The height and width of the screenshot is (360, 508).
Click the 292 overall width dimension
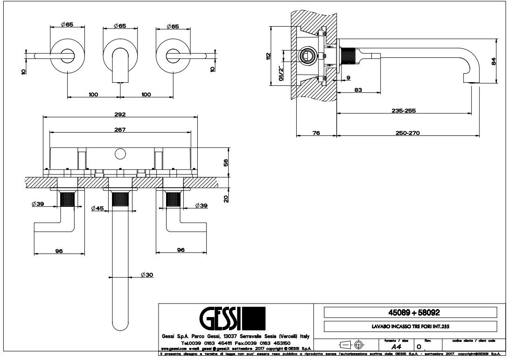click(x=120, y=114)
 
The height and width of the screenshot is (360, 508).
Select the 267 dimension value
click(x=120, y=130)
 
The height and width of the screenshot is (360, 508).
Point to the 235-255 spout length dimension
click(x=404, y=111)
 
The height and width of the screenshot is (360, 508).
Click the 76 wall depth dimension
click(x=316, y=133)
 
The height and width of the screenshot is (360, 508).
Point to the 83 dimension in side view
click(x=359, y=90)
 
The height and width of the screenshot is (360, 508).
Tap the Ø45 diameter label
click(x=97, y=208)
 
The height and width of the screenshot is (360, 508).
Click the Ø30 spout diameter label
click(x=146, y=275)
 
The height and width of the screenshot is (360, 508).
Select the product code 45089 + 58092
click(x=410, y=312)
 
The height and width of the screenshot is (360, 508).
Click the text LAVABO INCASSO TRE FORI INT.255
click(x=410, y=325)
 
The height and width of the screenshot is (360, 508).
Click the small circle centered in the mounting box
click(x=120, y=153)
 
